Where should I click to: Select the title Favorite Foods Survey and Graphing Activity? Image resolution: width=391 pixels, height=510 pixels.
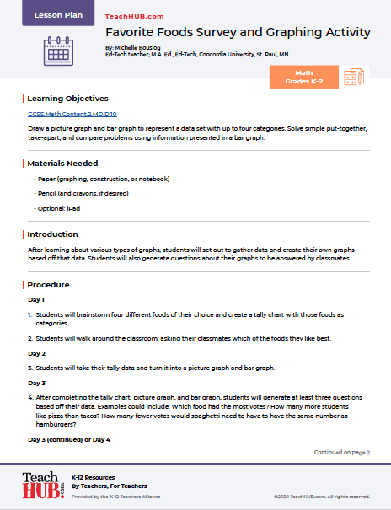(238, 33)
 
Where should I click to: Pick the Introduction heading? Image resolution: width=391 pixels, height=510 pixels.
(52, 234)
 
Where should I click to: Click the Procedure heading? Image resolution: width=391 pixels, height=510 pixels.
(48, 285)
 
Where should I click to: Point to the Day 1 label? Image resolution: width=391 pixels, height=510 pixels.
(36, 299)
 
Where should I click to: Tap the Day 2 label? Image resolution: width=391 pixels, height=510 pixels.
(36, 353)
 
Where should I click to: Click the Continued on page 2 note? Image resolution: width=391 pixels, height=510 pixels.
(342, 452)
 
